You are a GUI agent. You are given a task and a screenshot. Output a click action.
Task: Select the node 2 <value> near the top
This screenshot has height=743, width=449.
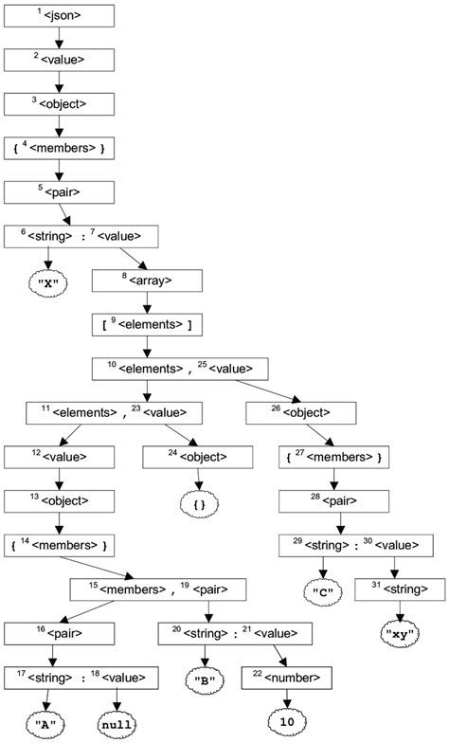click(60, 59)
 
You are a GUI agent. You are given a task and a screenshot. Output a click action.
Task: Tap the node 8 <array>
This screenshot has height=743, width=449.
click(146, 281)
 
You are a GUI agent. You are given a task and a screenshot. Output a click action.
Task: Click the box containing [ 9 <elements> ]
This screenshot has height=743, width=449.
click(146, 324)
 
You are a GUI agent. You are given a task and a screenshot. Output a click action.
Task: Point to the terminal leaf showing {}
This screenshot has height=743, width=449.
click(198, 501)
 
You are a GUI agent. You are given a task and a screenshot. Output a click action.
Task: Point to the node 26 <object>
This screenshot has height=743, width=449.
click(300, 412)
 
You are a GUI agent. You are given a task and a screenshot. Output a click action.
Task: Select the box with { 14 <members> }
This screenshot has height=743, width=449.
click(60, 546)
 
